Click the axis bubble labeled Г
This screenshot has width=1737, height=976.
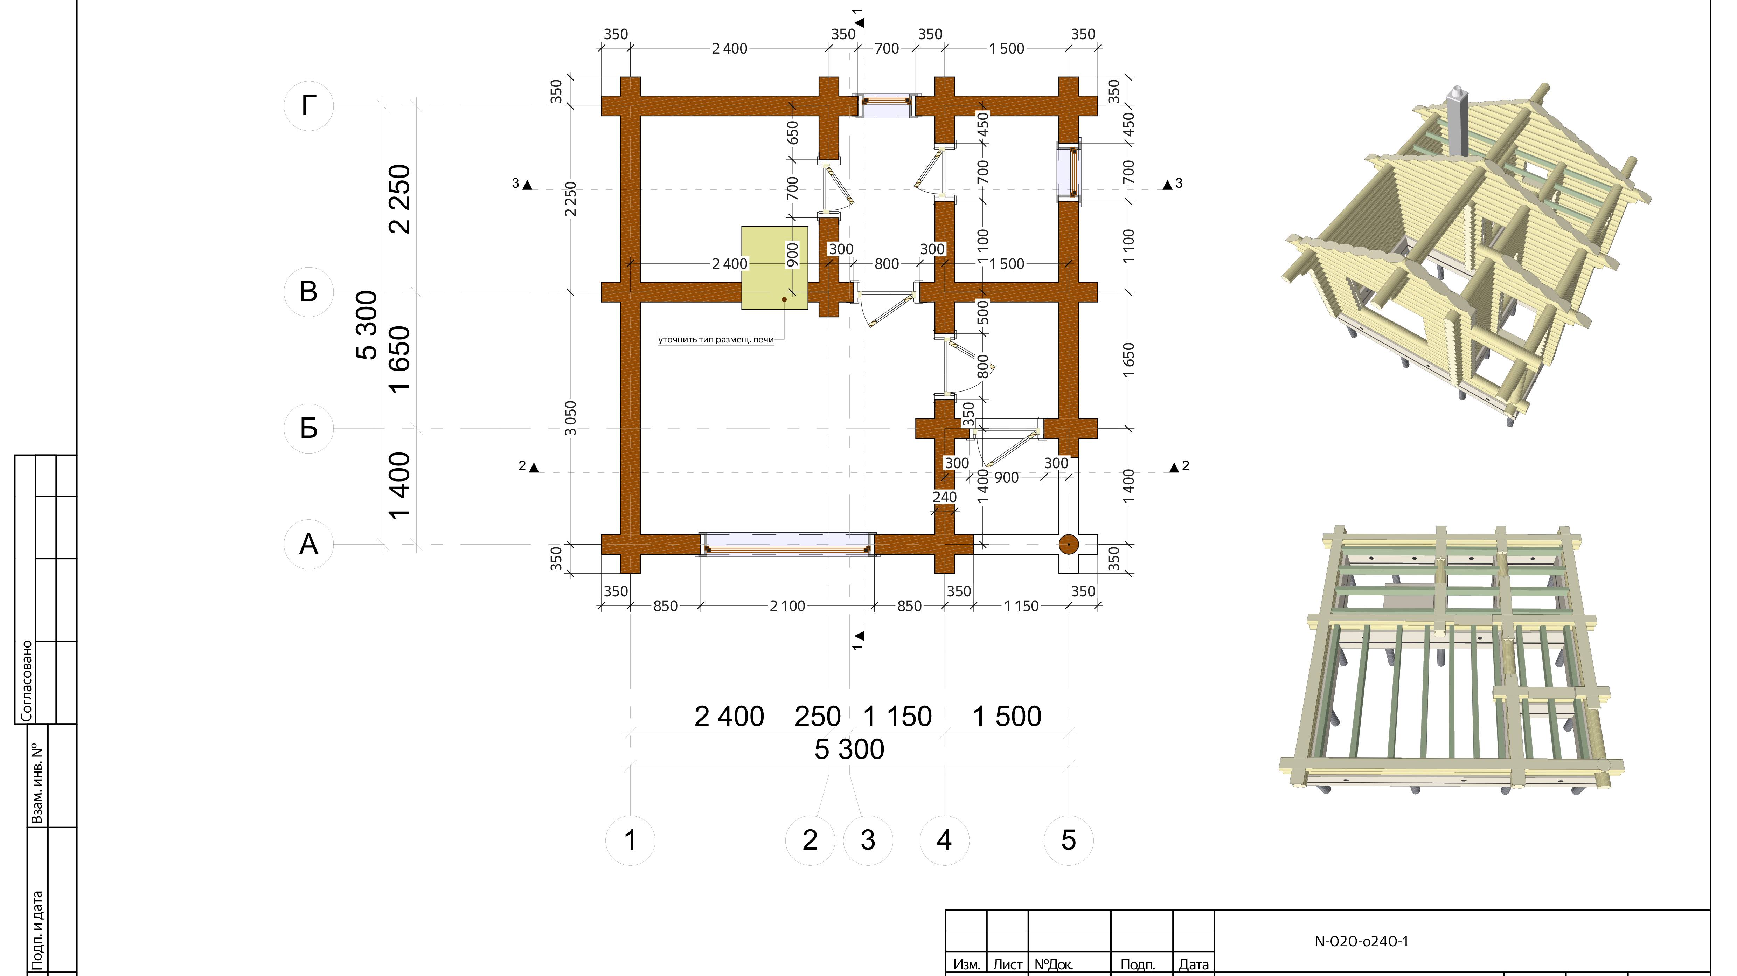coord(309,106)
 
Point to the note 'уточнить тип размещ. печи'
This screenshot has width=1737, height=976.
coord(716,339)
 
